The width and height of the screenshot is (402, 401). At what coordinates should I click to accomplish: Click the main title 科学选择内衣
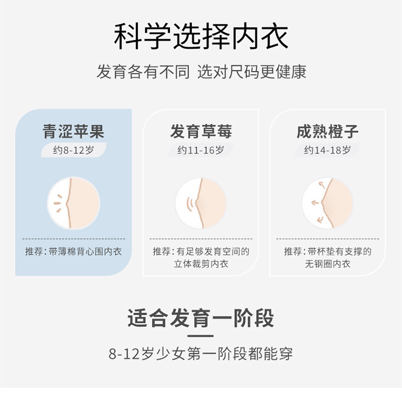point(201,36)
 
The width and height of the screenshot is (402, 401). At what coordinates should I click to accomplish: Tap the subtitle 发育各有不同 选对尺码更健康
point(201,72)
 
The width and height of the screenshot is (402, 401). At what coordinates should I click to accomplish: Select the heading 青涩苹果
point(73,131)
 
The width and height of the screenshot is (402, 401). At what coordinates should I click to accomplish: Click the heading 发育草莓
point(201,131)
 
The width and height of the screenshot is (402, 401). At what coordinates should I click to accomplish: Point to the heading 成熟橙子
point(327,131)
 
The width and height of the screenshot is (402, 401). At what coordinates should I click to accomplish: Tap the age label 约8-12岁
point(73,150)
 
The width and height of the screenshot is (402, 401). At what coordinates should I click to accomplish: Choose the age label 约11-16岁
point(201,150)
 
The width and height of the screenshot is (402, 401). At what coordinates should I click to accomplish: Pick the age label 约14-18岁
point(327,150)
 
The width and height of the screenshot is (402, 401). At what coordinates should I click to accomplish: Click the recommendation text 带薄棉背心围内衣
point(85,251)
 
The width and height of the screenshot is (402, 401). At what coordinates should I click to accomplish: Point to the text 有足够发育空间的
point(213,251)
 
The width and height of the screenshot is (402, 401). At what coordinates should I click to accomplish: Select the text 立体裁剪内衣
point(201,264)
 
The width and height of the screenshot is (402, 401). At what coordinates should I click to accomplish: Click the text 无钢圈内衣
point(327,264)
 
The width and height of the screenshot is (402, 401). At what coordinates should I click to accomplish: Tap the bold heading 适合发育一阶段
point(201,318)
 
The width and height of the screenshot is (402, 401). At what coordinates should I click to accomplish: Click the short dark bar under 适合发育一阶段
point(201,336)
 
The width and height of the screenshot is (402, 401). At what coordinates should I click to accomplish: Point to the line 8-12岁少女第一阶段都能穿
point(201,354)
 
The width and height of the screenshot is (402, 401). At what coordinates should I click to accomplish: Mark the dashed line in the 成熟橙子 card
point(327,239)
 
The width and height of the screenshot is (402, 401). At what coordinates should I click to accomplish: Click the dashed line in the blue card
point(73,239)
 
